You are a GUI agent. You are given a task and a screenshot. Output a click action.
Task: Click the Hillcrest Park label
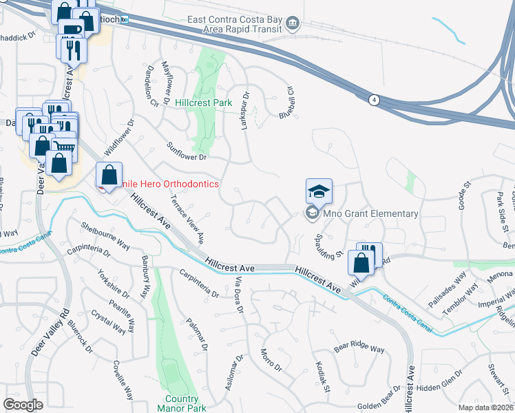(x=203, y=103)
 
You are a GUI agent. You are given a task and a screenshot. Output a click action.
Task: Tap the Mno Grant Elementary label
(x=372, y=213)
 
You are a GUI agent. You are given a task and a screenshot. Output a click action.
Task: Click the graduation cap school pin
(x=319, y=191)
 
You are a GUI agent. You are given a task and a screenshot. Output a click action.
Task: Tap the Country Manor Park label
(x=182, y=403)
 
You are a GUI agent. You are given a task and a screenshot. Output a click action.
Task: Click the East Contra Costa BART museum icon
(x=292, y=24)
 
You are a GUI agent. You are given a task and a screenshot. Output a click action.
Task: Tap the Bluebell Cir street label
(x=286, y=102)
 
